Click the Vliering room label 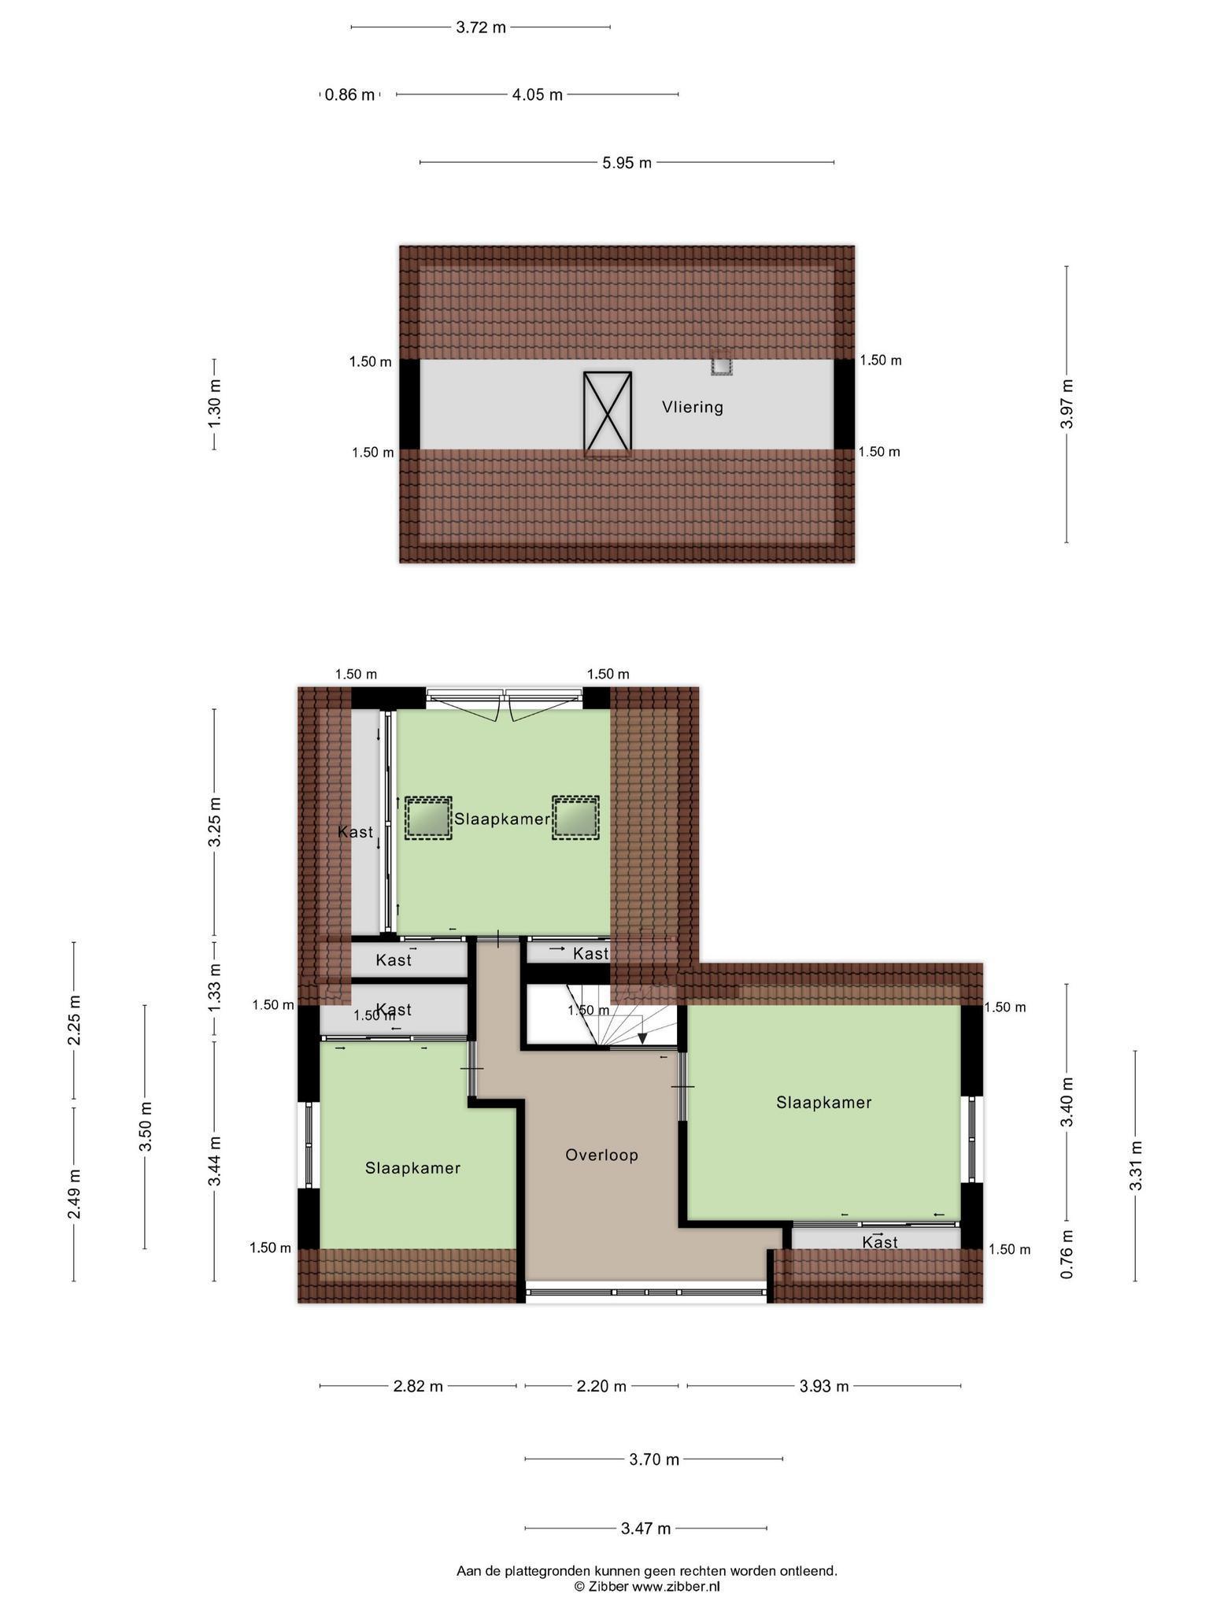(692, 407)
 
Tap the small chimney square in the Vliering (721, 366)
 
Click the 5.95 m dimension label (627, 163)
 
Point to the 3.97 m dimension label (1067, 404)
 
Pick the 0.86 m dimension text (350, 95)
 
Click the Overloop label (601, 1155)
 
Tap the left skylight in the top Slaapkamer (428, 818)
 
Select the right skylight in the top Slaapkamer (575, 818)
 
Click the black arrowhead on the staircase (642, 1039)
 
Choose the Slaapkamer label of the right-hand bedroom (823, 1102)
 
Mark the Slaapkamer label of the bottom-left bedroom (412, 1168)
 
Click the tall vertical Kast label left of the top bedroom (355, 832)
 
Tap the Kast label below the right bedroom (879, 1242)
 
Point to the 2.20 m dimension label (601, 1408)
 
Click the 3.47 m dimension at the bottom (645, 1529)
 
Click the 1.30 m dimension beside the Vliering (214, 404)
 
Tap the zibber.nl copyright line (646, 1587)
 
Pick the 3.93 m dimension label (823, 1408)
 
